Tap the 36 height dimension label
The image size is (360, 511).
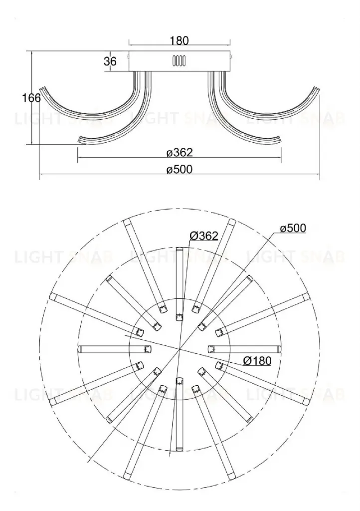(x=110, y=61)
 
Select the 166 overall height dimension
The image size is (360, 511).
(x=31, y=98)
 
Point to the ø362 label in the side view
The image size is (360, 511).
(x=180, y=153)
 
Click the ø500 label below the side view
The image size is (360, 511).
(x=180, y=170)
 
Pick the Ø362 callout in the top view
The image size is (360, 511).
(x=204, y=236)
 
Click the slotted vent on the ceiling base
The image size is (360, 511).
(x=179, y=61)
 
